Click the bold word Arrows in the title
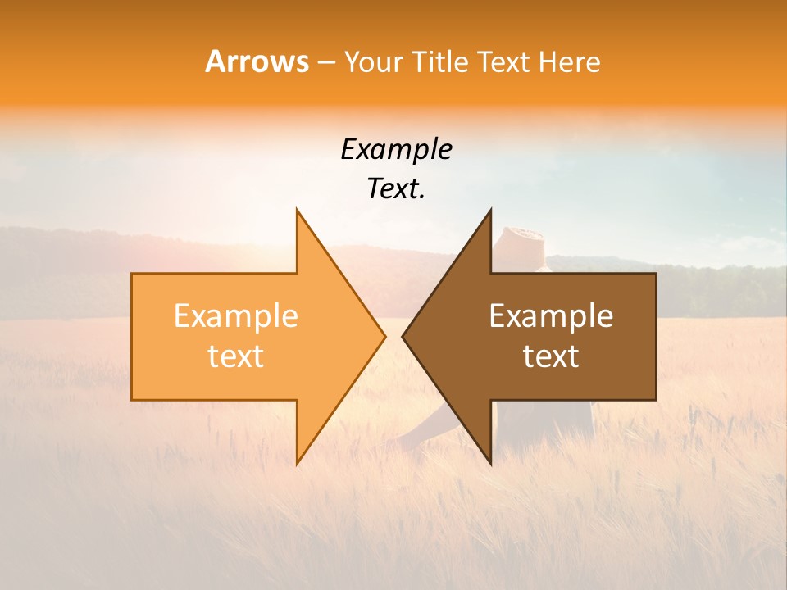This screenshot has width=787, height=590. (257, 61)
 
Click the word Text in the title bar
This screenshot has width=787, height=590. (504, 62)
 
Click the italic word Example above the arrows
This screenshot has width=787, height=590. (396, 150)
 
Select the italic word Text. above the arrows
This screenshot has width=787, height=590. (396, 189)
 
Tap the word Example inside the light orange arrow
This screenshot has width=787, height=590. (235, 316)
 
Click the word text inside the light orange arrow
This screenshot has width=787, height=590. (235, 356)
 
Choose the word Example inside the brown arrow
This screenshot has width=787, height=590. (551, 316)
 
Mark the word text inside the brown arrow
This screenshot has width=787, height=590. (551, 356)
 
